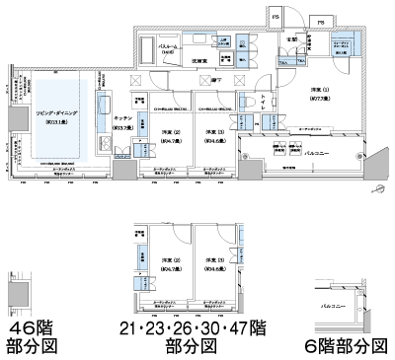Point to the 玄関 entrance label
tap(292, 38)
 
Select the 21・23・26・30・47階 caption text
tap(192, 326)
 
